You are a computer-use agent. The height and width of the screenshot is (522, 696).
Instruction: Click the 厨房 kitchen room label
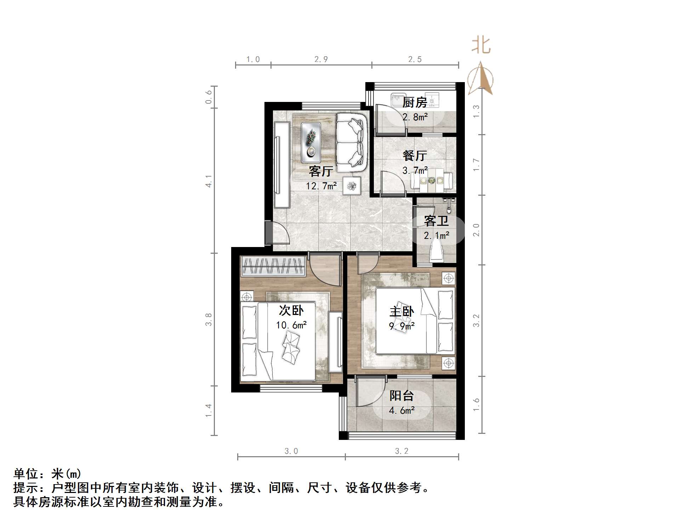point(415,103)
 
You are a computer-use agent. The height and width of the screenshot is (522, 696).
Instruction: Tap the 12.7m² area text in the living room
point(321,185)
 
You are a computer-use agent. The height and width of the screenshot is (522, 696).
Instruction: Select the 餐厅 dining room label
point(415,156)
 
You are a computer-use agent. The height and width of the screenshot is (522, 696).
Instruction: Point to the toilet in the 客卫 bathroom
point(436,252)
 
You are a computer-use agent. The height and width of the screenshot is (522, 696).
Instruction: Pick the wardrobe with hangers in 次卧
point(273,266)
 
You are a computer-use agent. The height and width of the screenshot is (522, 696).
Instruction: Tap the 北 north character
point(480,46)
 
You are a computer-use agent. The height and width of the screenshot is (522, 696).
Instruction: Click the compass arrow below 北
point(480,79)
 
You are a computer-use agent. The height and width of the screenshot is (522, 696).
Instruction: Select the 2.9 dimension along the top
point(321,59)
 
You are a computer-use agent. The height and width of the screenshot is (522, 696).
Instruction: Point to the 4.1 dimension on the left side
point(209,181)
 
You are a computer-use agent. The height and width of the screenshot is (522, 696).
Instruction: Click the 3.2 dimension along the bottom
point(401,451)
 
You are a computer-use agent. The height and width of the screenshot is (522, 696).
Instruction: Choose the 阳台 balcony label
point(401,396)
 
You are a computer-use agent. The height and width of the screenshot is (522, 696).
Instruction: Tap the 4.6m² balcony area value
point(401,411)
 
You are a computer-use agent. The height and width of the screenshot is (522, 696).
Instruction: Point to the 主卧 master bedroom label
point(401,311)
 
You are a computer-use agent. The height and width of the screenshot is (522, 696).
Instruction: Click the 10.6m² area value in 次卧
point(291,325)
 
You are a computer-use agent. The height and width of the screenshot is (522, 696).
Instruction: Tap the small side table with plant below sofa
point(352,185)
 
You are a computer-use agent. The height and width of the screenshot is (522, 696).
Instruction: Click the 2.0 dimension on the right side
point(477,230)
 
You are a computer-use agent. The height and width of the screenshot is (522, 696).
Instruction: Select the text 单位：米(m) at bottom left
point(47,474)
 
